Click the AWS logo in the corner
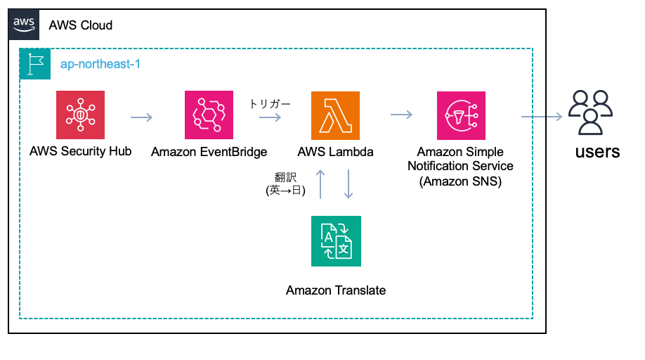point(24,25)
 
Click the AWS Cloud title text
point(81,25)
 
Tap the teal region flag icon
point(35,64)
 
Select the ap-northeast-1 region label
point(100,64)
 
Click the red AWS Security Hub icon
point(80,115)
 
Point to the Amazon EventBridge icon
point(209,115)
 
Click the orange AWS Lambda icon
point(335,115)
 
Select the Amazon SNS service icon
point(461,115)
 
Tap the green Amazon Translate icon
point(336,241)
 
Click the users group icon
point(591,112)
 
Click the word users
point(597,152)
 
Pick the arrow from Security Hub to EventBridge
point(141,117)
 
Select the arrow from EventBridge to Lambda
point(271,117)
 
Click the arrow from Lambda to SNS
point(401,115)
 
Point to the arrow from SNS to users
point(542,117)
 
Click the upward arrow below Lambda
point(320,184)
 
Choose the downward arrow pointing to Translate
point(348,184)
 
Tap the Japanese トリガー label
point(271,104)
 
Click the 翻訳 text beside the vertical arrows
point(285,177)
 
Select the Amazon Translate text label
point(336,290)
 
